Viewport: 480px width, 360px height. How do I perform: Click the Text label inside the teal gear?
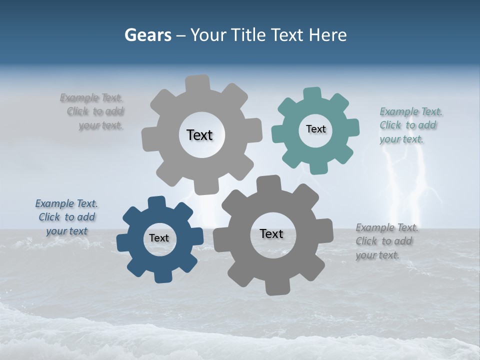coord(315,129)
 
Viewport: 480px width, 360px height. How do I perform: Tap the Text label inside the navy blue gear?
coord(159,238)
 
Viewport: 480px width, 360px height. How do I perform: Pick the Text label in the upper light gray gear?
coord(199,135)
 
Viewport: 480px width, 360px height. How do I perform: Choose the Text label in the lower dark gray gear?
coord(271,233)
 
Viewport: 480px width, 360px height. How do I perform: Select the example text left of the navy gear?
coord(66,217)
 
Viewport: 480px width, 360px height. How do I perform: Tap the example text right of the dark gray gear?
coord(386,241)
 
